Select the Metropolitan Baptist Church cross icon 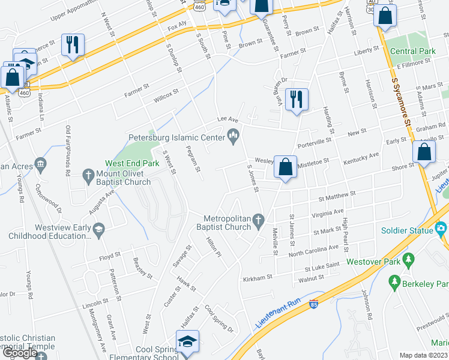click(259, 222)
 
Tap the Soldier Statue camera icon click(441, 229)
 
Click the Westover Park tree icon click(409, 259)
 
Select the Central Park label click(412, 52)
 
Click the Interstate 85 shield click(313, 305)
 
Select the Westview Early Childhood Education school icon click(97, 228)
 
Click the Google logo click(20, 353)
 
